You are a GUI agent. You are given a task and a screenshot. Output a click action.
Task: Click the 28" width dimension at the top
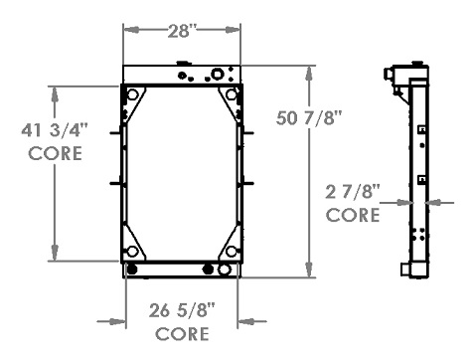pos(181,30)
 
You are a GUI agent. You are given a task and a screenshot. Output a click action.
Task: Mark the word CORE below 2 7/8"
pos(354,214)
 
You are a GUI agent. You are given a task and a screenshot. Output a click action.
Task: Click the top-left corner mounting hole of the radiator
pos(130,94)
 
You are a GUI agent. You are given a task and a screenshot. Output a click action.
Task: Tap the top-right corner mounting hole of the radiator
pos(232,94)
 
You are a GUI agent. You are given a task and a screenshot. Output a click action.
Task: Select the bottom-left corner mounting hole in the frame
pos(130,252)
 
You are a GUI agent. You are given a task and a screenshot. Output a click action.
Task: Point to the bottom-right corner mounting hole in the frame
pos(232,252)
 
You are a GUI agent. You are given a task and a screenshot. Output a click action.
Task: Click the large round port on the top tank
pos(217,75)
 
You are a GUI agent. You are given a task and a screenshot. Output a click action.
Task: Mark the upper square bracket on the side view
pos(421,129)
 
